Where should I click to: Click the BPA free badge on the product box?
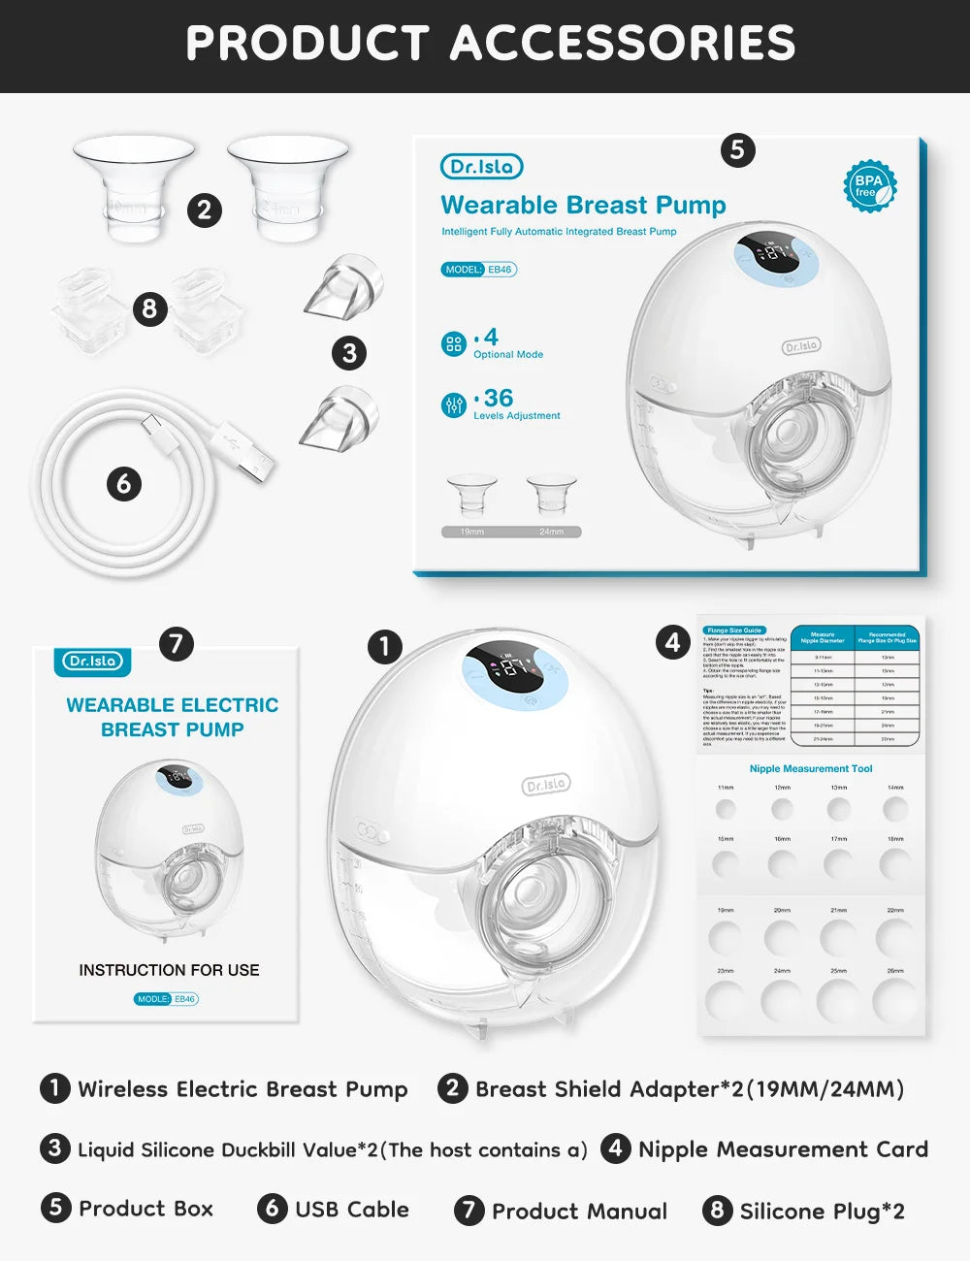(x=868, y=185)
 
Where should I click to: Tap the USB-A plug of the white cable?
(x=253, y=465)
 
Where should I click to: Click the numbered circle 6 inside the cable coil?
(x=123, y=483)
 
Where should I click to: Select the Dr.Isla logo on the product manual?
(x=93, y=661)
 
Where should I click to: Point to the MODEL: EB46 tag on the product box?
(x=479, y=270)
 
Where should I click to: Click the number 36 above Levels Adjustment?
(x=499, y=398)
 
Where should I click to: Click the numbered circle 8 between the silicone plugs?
(x=148, y=308)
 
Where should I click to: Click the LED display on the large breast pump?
(x=515, y=666)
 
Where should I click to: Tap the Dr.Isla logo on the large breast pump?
(x=546, y=784)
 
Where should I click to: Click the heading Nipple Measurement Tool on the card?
(x=811, y=768)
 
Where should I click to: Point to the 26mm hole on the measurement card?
(x=894, y=1000)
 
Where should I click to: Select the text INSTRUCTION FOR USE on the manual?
(x=169, y=970)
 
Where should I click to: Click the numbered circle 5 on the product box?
(x=737, y=149)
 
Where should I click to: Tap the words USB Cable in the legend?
(x=351, y=1210)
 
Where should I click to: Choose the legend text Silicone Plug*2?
(x=822, y=1211)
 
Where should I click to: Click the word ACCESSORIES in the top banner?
(x=623, y=44)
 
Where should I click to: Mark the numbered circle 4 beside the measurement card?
(x=673, y=642)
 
